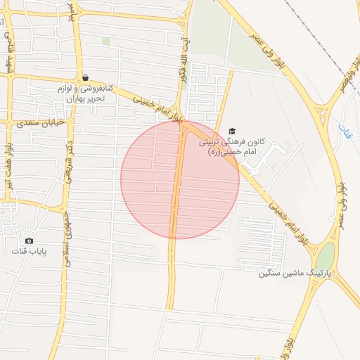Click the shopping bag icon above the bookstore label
point(85,78)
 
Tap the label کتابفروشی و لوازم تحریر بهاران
point(85,94)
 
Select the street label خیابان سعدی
point(45,122)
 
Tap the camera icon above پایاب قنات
point(29,240)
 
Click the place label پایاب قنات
point(29,251)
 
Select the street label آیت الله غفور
point(185,60)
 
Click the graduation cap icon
point(233,131)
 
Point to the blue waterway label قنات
point(343,129)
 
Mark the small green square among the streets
point(106,41)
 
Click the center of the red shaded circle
point(180,179)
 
